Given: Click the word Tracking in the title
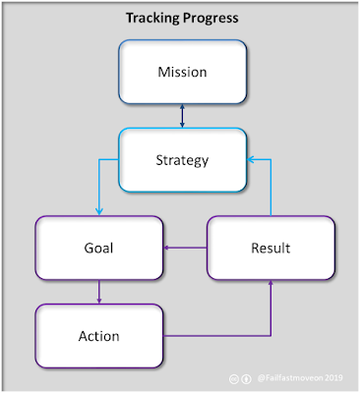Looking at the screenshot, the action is coord(153,19).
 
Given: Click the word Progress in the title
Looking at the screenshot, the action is coord(210,19).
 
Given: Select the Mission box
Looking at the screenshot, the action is coord(183,72).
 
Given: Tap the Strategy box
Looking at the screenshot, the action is coord(183,160).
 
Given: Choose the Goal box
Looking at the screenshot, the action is coord(99,248).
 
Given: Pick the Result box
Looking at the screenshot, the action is coord(270,248).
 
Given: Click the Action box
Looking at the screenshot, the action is coord(99,336).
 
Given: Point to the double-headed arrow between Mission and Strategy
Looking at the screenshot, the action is coord(183,116).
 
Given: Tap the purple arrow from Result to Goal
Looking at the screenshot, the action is coord(185,248).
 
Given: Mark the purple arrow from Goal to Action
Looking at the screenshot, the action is coord(99,292).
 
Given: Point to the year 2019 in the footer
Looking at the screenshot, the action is coord(333,378).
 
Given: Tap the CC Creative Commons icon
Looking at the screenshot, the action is coord(234,379).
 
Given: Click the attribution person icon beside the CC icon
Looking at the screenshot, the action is coord(246,379).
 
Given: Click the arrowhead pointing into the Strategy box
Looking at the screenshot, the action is coord(250,160).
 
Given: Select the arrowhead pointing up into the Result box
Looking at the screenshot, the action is coord(270,282).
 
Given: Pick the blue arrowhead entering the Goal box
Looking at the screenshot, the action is coord(99,212).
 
